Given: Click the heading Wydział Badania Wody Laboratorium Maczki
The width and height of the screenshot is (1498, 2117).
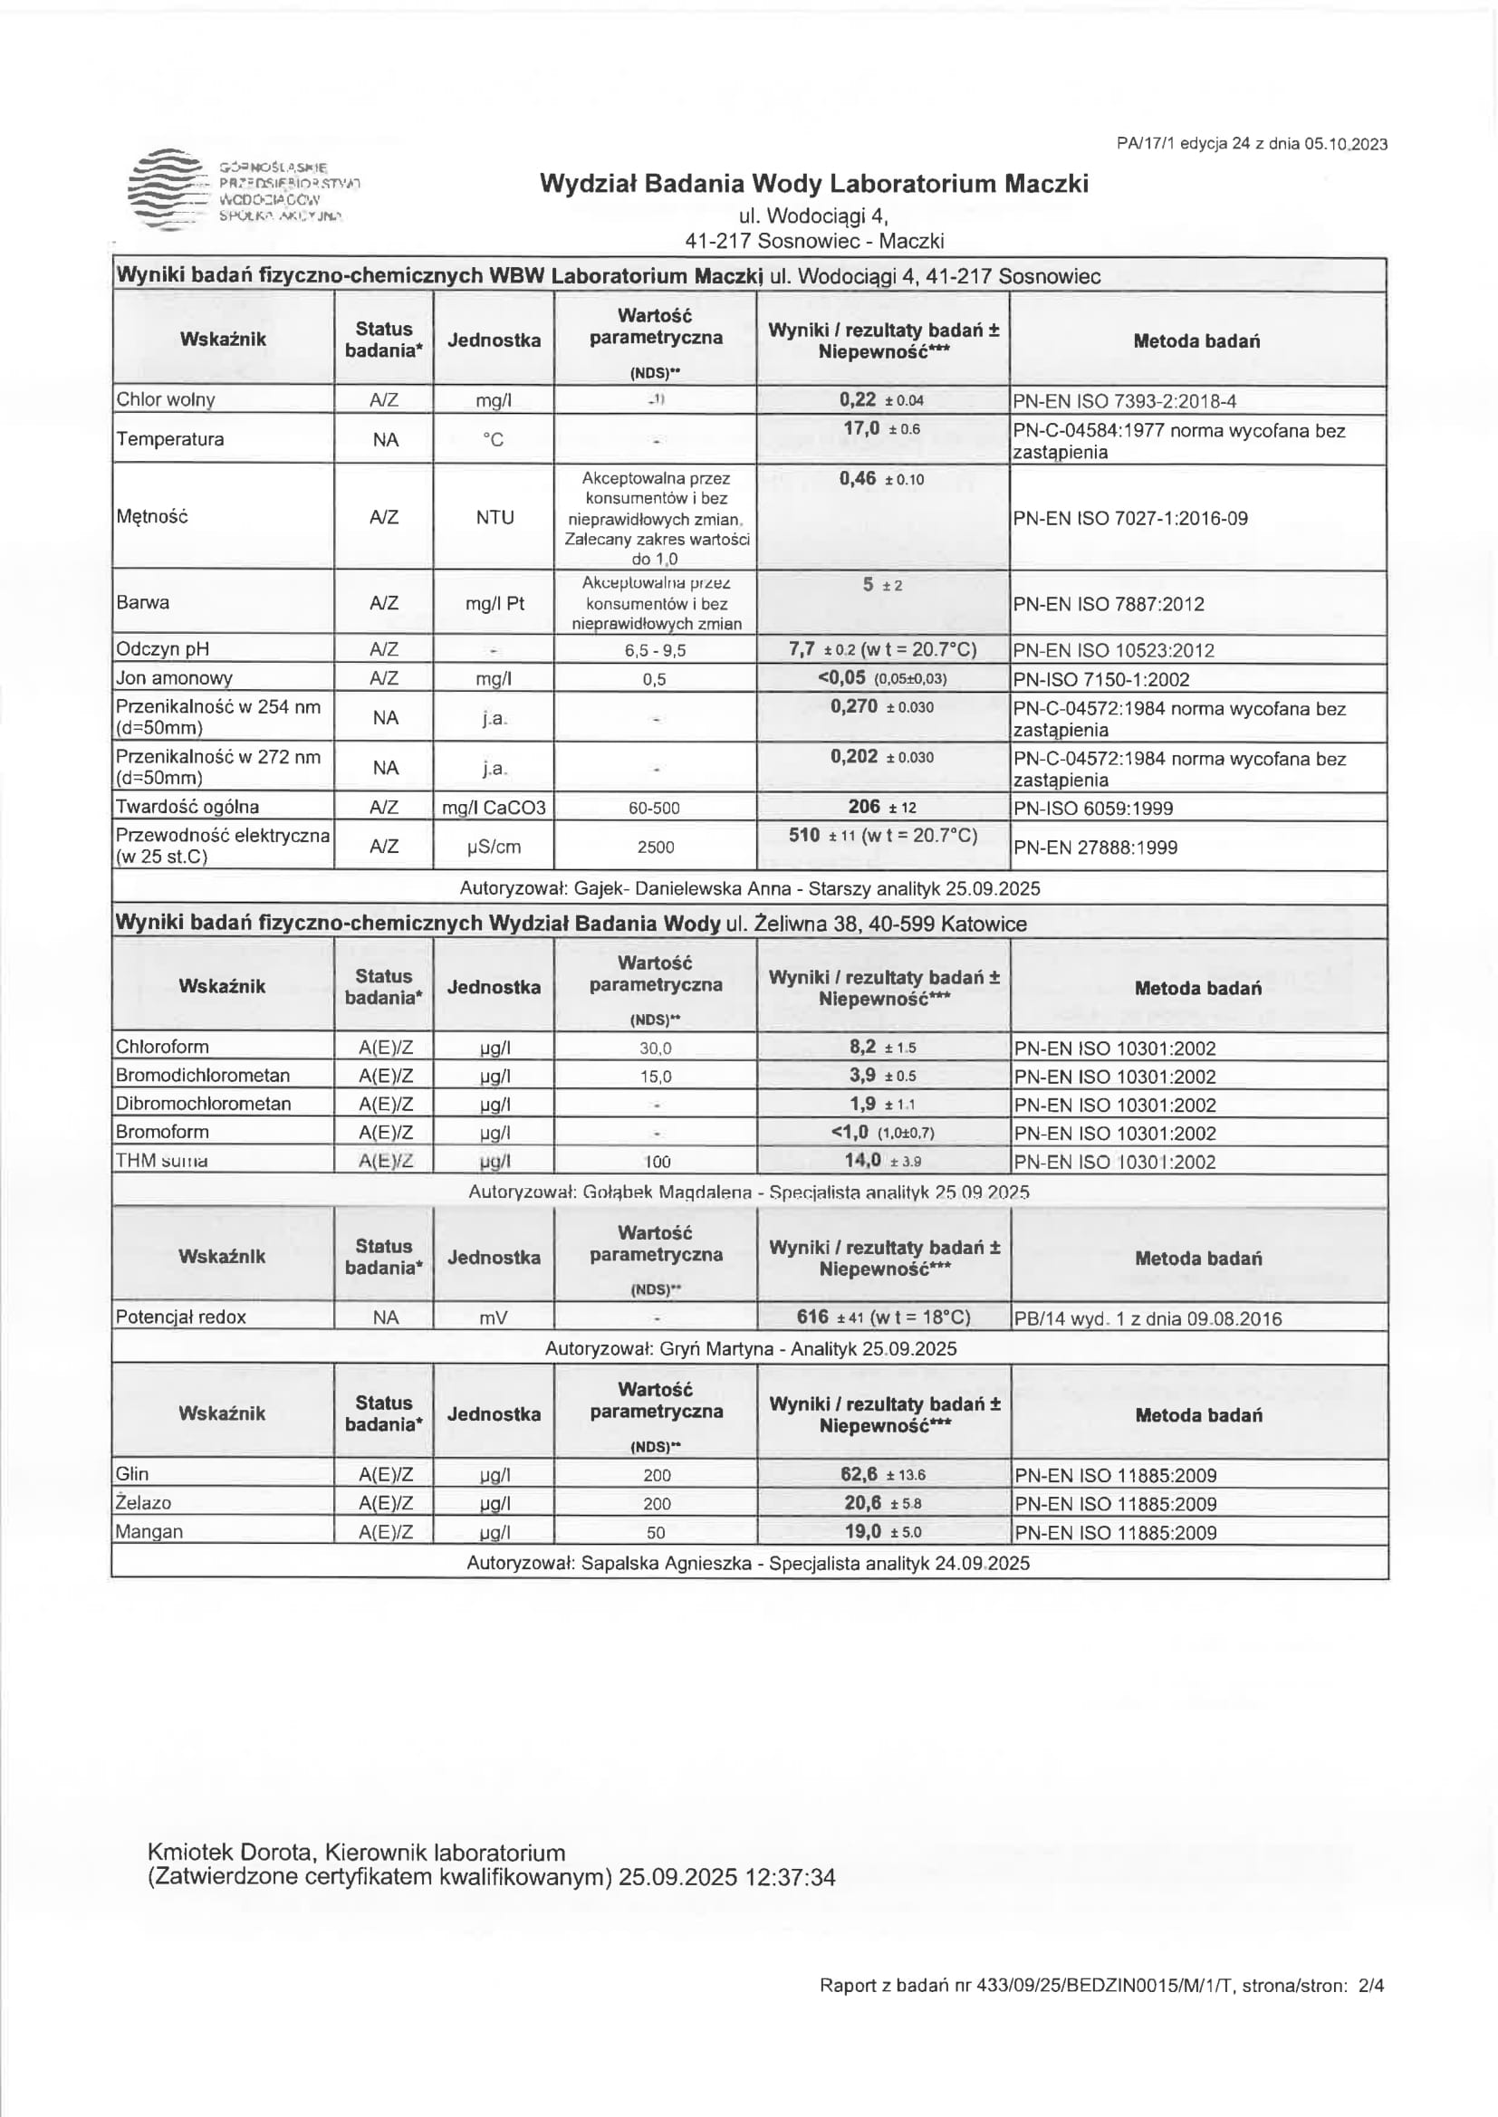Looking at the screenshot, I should tap(813, 184).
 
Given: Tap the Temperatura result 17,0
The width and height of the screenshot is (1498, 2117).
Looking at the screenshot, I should tap(861, 429).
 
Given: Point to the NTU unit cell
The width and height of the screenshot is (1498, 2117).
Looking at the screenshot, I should tap(495, 517).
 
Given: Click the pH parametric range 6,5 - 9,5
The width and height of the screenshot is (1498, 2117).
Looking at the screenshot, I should tap(655, 650).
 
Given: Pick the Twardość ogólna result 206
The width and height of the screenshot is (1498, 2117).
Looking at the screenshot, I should tap(864, 807).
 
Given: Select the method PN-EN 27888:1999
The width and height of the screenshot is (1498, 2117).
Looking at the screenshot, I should tap(1095, 848).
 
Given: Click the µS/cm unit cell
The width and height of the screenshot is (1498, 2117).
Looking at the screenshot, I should tap(495, 847).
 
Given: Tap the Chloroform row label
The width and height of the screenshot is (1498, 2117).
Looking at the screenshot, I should tap(162, 1047).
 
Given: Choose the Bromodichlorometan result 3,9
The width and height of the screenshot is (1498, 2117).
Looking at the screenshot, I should tap(862, 1075).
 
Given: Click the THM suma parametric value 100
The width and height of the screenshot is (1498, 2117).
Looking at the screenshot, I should tap(657, 1162).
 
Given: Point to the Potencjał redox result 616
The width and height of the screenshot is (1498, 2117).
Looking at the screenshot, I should tap(812, 1317).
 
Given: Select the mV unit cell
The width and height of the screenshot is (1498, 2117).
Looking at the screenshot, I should tap(494, 1318).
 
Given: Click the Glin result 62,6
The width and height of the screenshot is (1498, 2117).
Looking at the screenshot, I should tap(859, 1473).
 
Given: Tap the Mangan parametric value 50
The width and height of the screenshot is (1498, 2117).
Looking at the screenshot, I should tap(656, 1532).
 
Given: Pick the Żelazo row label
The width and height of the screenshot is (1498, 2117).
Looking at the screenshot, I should tap(144, 1503).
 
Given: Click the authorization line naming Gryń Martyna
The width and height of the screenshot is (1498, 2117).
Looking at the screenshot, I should tap(750, 1348).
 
